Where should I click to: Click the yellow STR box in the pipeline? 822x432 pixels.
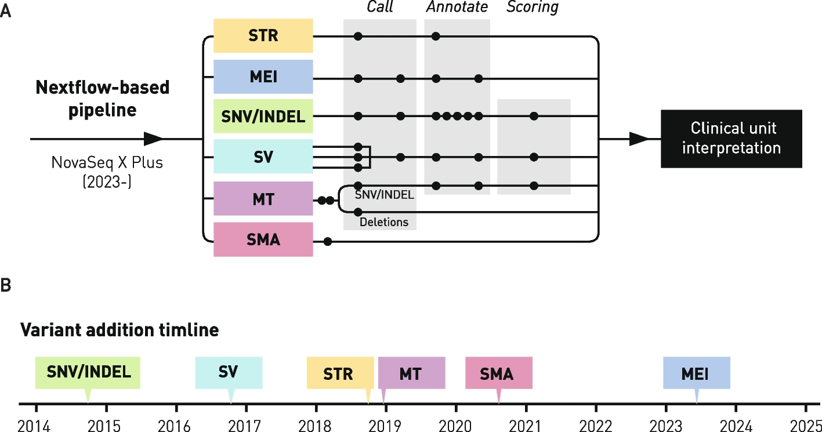[x=263, y=35]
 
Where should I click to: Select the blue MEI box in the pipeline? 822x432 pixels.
[x=263, y=76]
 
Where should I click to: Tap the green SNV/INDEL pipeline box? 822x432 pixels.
[x=263, y=116]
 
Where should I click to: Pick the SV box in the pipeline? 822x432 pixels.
[x=263, y=156]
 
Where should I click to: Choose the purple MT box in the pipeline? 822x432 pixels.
[x=263, y=198]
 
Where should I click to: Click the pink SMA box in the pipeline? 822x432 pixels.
[x=263, y=239]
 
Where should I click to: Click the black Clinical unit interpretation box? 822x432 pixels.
[x=731, y=139]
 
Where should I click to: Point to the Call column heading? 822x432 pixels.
[x=379, y=8]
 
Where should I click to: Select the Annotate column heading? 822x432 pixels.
[x=457, y=8]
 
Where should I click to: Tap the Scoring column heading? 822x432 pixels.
[x=533, y=8]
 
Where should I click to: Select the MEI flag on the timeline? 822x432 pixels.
[x=696, y=373]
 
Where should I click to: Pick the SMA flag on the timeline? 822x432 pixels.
[x=498, y=373]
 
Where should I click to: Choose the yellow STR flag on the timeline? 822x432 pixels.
[x=340, y=373]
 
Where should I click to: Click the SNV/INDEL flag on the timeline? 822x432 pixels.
[x=88, y=372]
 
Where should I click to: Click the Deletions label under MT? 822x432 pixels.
[x=383, y=222]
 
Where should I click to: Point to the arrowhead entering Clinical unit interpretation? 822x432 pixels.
[x=639, y=139]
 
